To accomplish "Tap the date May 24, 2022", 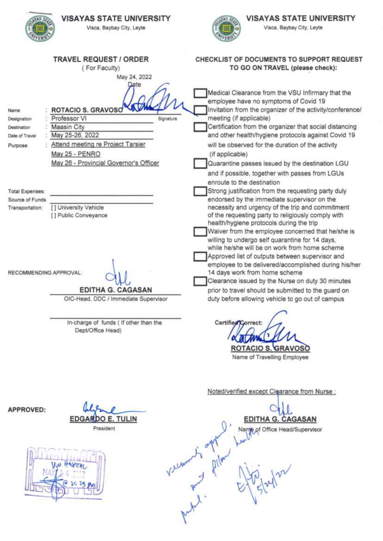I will coord(134,77).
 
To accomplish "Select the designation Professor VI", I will coord(69,119).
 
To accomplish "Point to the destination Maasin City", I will coord(68,127).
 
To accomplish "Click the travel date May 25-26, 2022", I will coord(75,135).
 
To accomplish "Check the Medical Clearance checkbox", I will coord(200,93).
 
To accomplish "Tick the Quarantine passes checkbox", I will coord(200,164).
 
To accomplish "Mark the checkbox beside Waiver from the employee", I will coord(200,231).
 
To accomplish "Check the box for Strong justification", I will coord(200,191).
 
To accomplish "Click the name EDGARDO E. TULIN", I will coord(103,419).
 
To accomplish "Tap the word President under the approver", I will coord(104,428).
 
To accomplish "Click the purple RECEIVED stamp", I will coord(65,472).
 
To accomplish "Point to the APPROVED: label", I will coord(27,410).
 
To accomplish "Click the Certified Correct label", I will coord(238,323).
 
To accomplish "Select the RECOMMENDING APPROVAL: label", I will coord(45,273).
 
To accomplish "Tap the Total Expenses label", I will coord(26,191).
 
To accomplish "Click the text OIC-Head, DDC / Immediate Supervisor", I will coord(116,299).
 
